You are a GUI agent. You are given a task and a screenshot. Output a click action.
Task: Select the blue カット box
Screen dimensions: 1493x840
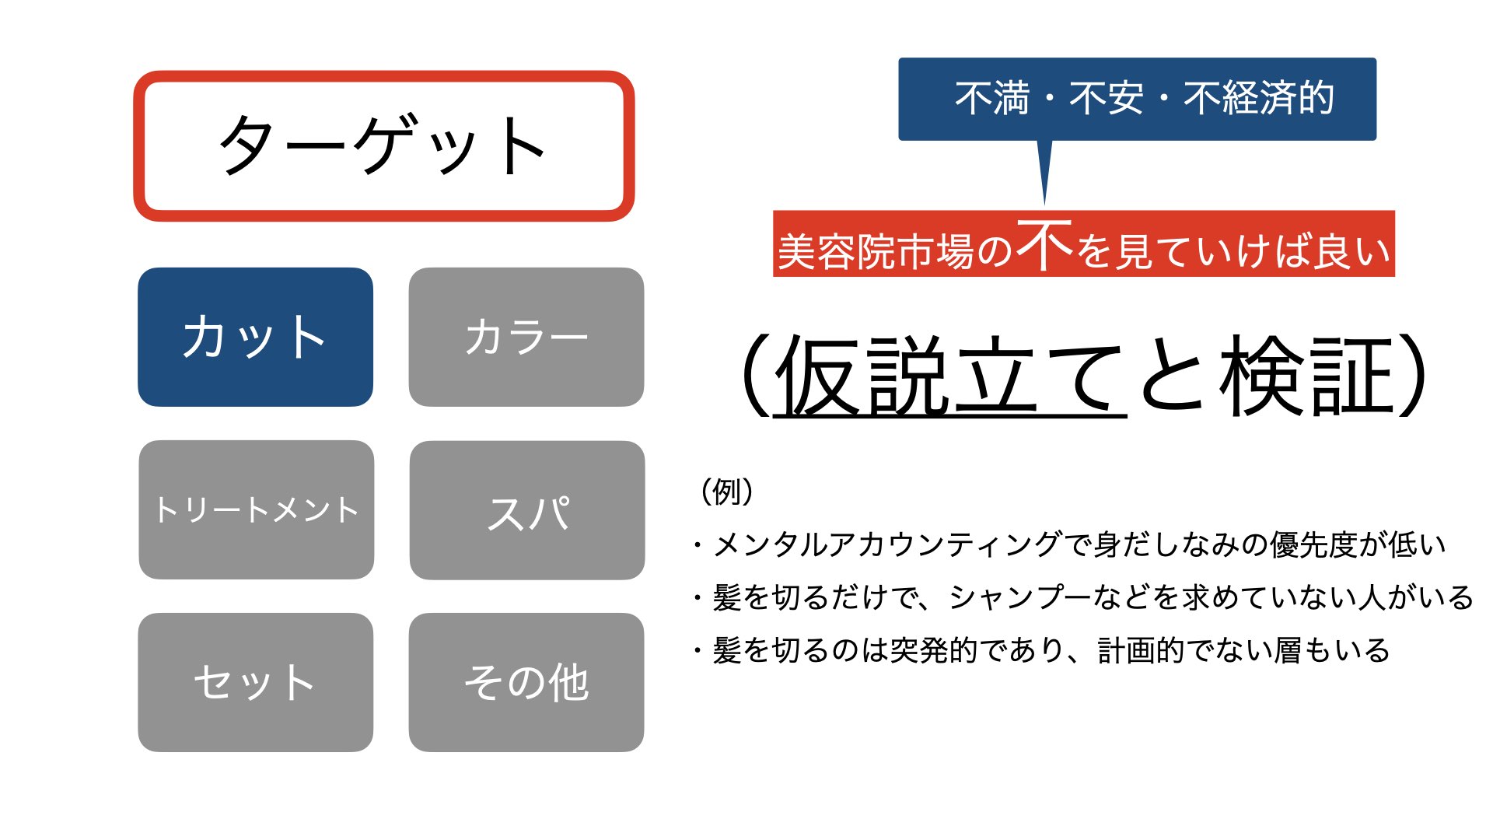tap(255, 337)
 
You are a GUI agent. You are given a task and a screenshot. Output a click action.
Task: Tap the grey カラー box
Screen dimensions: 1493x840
tap(526, 337)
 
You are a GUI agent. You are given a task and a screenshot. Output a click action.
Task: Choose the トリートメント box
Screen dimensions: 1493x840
tap(257, 509)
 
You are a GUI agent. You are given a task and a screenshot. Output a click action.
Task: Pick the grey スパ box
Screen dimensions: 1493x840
tap(527, 510)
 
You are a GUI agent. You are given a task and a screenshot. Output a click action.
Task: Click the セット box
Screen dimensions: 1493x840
tap(255, 682)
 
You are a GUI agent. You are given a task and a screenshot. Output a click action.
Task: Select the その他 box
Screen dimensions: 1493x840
tap(526, 682)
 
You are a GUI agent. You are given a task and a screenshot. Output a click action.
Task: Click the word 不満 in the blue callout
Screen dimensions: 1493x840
tap(992, 99)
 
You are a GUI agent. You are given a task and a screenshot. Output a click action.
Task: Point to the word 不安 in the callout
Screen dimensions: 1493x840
tap(1107, 99)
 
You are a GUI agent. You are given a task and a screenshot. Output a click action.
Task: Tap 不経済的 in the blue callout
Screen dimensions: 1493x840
tap(1259, 99)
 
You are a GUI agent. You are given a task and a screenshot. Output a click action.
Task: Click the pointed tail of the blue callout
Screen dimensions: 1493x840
tap(1044, 204)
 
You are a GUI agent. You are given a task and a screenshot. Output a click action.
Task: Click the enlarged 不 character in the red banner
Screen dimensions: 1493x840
tap(1044, 244)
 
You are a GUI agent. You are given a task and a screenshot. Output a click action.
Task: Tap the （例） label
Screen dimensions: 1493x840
tap(727, 492)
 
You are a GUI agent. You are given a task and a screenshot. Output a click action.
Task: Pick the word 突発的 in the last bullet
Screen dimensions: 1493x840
tap(933, 651)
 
